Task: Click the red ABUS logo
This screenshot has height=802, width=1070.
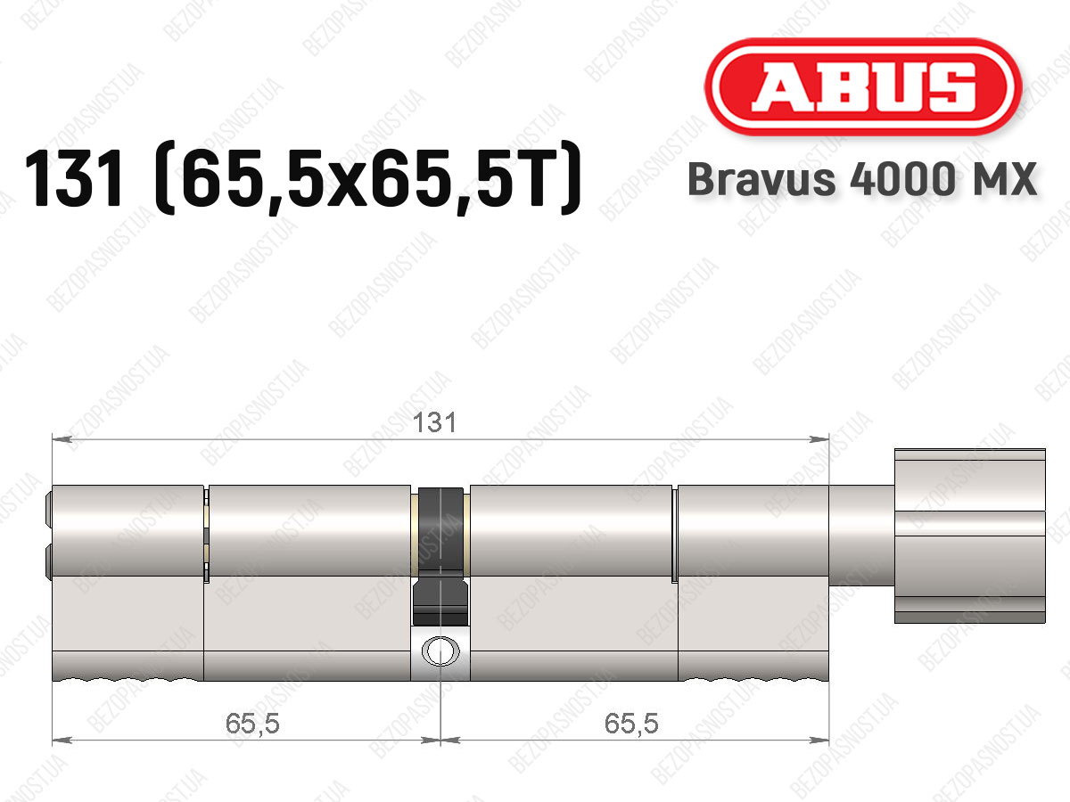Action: coord(863,86)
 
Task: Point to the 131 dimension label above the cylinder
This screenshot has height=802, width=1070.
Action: coord(434,422)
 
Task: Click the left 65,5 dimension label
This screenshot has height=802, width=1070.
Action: coord(252,724)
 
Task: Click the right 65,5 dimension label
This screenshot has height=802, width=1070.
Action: coord(631,724)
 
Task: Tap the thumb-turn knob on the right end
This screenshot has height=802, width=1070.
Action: coord(969,536)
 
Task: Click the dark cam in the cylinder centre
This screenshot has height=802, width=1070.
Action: coord(440,555)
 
